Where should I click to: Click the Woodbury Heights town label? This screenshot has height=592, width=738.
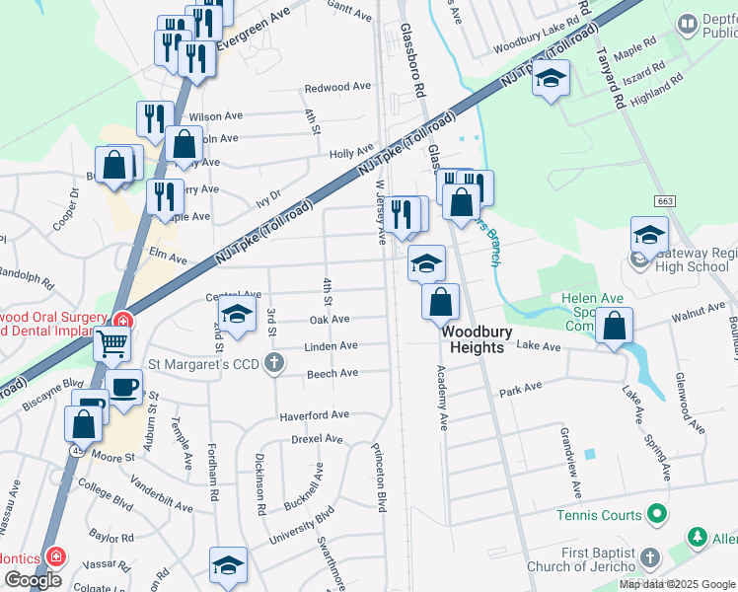pyautogui.click(x=478, y=340)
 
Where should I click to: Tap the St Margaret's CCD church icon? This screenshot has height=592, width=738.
pyautogui.click(x=279, y=363)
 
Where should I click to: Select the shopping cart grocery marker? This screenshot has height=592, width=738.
pyautogui.click(x=112, y=344)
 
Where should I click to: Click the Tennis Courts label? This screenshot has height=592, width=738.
pyautogui.click(x=598, y=515)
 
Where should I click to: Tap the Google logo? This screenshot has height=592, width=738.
pyautogui.click(x=32, y=581)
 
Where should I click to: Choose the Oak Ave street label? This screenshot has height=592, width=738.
pyautogui.click(x=330, y=320)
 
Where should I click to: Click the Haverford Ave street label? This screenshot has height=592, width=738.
pyautogui.click(x=314, y=415)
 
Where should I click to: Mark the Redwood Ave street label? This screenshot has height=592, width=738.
pyautogui.click(x=337, y=88)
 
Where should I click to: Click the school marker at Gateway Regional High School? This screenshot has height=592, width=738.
pyautogui.click(x=649, y=235)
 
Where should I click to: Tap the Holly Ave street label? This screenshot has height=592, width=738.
pyautogui.click(x=351, y=154)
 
